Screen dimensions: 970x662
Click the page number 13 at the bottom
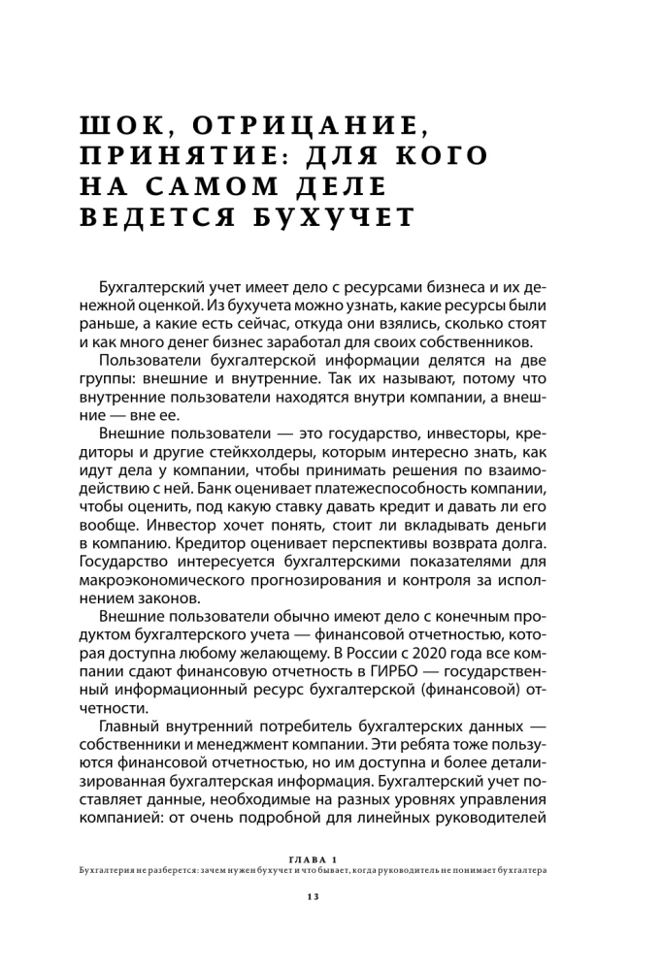(313, 895)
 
